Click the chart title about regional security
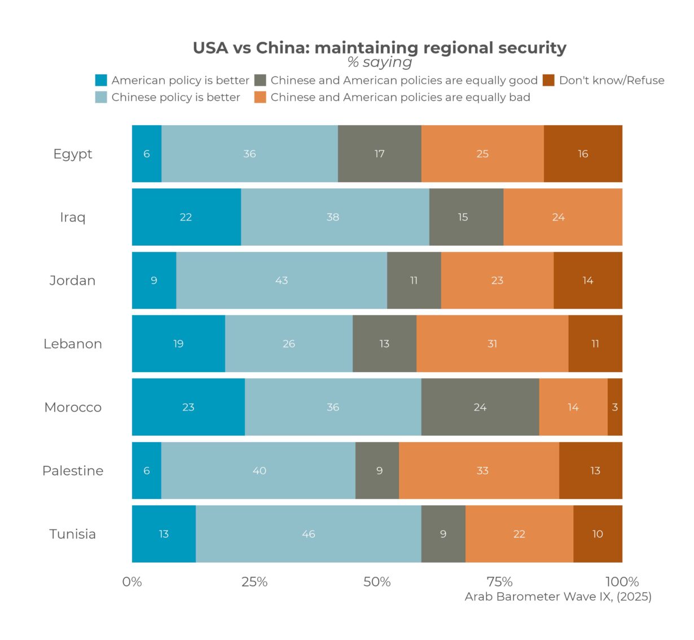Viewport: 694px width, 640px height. tap(379, 48)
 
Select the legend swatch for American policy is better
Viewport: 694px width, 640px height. tap(101, 80)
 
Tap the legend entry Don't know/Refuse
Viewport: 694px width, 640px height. tap(611, 80)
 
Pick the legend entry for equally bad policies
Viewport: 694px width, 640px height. tap(400, 97)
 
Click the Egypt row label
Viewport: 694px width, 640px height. tap(72, 154)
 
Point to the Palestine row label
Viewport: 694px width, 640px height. tap(73, 471)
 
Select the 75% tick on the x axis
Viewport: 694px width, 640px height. tap(499, 581)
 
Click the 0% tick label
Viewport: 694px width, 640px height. tap(132, 581)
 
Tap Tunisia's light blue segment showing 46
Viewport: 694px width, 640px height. tap(308, 534)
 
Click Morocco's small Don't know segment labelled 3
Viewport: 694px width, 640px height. tap(615, 407)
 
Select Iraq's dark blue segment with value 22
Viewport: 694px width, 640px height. tap(186, 217)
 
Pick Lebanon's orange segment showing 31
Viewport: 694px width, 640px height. tap(492, 344)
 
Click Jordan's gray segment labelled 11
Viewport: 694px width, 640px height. tap(414, 280)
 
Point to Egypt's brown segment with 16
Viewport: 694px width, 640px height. tap(583, 154)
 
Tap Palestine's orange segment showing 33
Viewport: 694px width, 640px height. tap(482, 471)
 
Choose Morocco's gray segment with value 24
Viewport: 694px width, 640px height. tap(480, 407)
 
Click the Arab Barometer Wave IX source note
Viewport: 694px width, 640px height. tap(557, 597)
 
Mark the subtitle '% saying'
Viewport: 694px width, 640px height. tap(379, 62)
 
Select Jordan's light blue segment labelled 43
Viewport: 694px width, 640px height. tap(281, 280)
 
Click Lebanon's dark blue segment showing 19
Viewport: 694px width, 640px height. tap(178, 344)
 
